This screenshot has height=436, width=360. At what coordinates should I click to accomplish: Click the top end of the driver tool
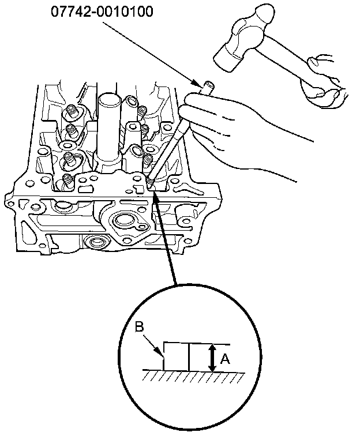[x=206, y=87]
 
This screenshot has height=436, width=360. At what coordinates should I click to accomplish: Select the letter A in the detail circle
[x=225, y=359]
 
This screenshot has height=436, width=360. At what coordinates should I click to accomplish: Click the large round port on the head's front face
[x=125, y=220]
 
